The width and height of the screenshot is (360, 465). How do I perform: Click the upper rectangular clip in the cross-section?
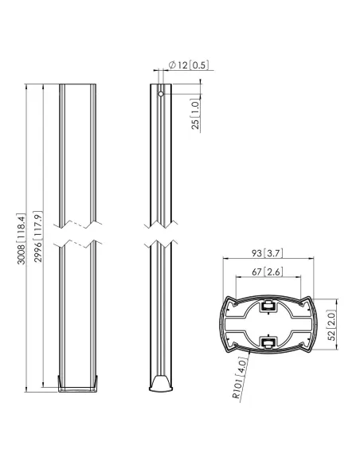(268, 304)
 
